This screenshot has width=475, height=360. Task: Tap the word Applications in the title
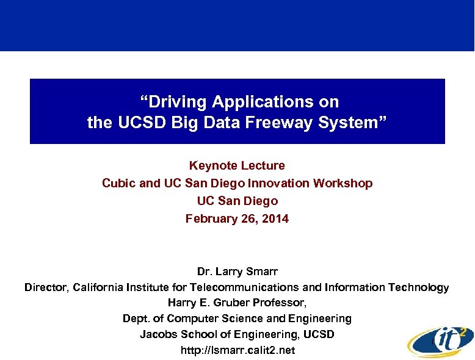263,101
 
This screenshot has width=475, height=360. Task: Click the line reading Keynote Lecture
237,165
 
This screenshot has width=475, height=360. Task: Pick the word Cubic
119,183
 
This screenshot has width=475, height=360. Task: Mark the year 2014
275,218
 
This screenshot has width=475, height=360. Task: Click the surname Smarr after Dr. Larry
263,270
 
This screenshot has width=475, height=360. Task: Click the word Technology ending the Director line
419,287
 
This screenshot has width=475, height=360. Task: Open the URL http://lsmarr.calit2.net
237,350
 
